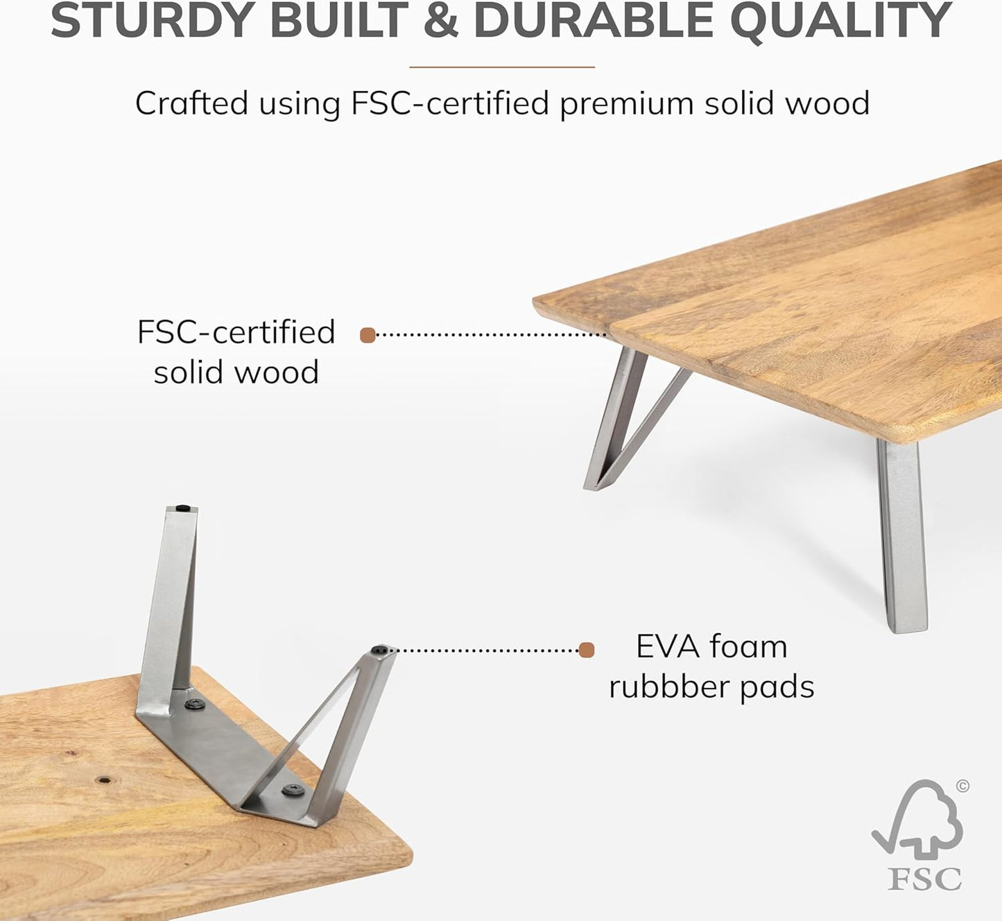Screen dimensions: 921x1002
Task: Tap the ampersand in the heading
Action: pyautogui.click(x=440, y=21)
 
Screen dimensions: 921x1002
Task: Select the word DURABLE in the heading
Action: pyautogui.click(x=593, y=21)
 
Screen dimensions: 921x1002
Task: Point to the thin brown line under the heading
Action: pyautogui.click(x=502, y=67)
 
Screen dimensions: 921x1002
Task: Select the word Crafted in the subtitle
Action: pyautogui.click(x=191, y=104)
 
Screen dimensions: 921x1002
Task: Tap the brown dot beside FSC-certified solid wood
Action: pyautogui.click(x=368, y=336)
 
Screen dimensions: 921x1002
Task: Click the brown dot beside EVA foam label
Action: pyautogui.click(x=587, y=650)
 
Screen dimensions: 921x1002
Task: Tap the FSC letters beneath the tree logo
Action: pyautogui.click(x=924, y=879)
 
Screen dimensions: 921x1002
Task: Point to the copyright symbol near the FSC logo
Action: pyautogui.click(x=962, y=786)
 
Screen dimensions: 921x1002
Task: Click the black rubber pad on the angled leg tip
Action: pyautogui.click(x=380, y=651)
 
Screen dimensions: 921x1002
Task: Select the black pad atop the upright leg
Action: pyautogui.click(x=183, y=508)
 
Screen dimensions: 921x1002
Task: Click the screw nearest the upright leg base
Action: pyautogui.click(x=194, y=705)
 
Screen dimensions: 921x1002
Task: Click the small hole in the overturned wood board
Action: pyautogui.click(x=104, y=780)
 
